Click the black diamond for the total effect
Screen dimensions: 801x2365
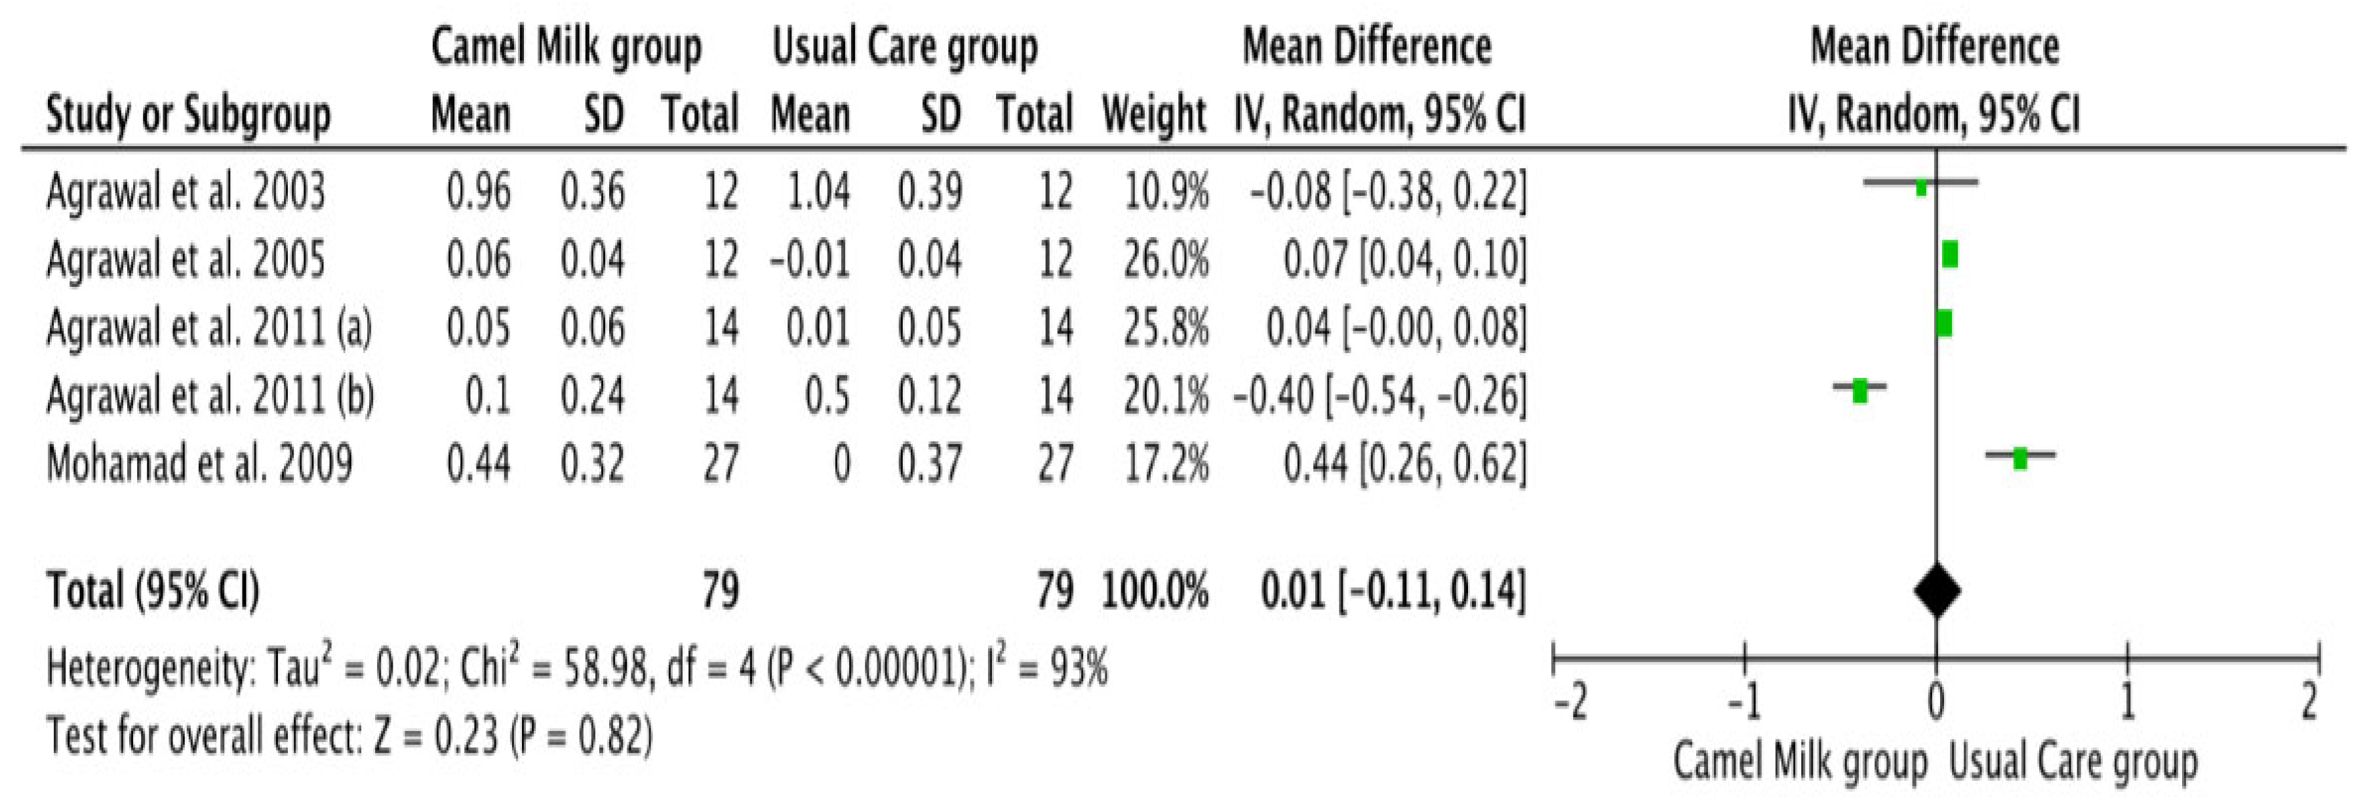1937,591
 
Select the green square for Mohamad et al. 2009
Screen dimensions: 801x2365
2020,458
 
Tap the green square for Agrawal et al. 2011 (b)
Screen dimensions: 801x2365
1860,391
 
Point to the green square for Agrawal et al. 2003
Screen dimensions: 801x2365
1920,187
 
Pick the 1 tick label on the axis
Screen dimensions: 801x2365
2127,704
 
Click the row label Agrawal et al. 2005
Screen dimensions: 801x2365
186,259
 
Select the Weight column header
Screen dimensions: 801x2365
1154,116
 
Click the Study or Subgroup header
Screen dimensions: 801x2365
188,116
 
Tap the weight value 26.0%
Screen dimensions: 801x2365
1166,259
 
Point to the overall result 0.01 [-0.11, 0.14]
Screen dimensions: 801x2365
1392,591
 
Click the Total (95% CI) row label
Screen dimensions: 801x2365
152,591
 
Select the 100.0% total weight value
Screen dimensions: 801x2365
1154,591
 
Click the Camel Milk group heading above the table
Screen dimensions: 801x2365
566,46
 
